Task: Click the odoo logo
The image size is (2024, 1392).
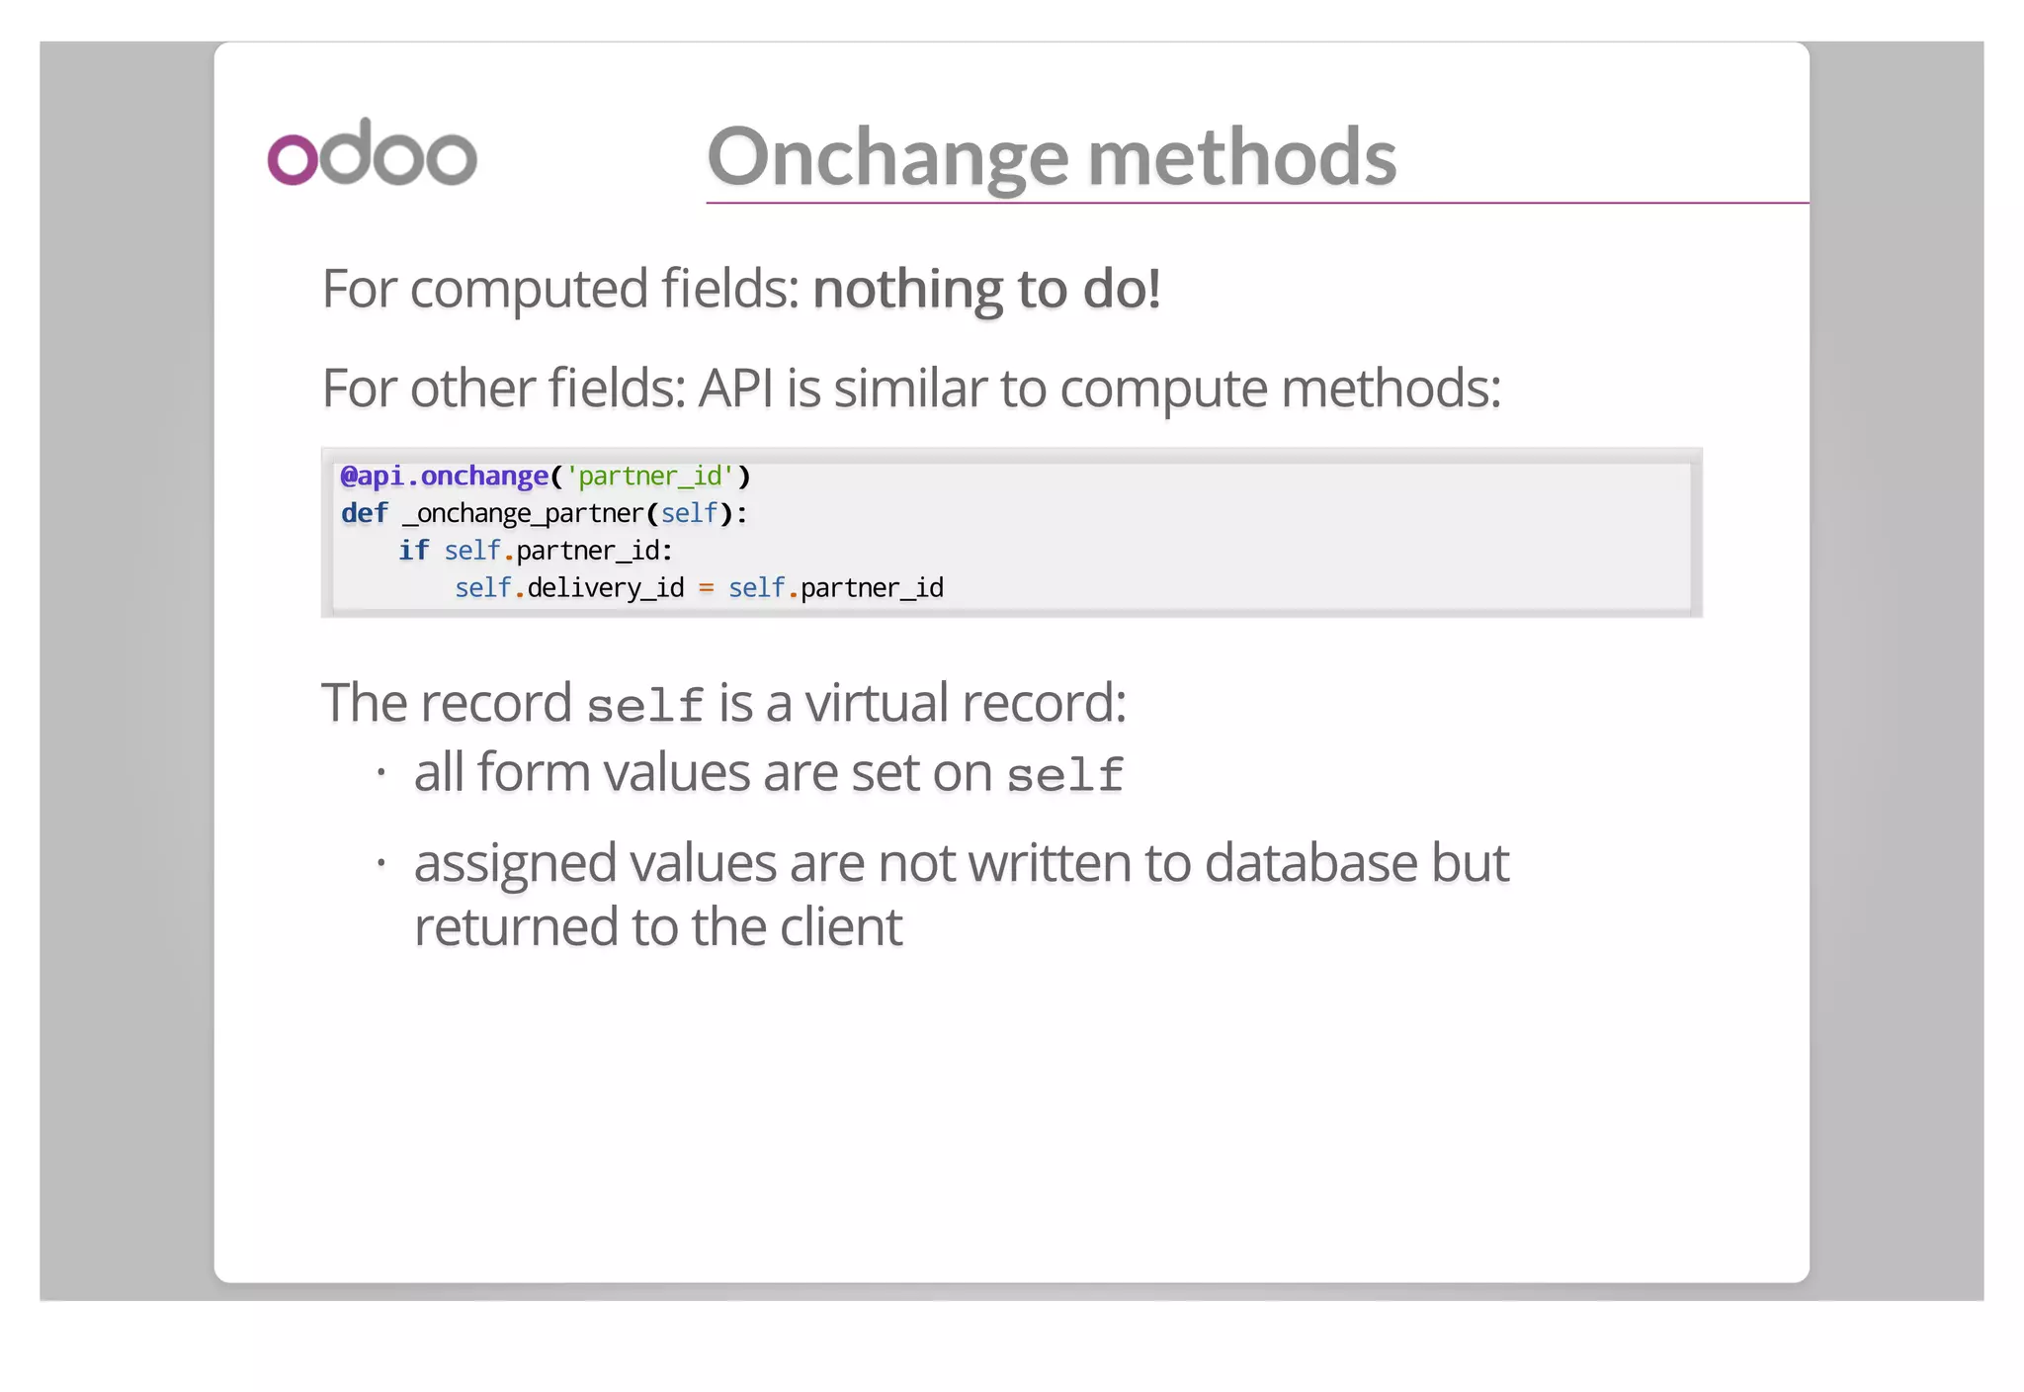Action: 373,152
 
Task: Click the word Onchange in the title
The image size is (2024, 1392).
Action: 887,158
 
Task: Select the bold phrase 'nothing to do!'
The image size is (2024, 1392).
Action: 986,289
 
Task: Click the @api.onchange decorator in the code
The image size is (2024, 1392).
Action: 445,477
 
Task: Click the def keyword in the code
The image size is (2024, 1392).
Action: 365,513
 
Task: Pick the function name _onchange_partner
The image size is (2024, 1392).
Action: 524,514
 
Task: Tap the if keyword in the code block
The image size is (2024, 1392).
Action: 413,551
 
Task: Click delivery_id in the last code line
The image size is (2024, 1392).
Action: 605,588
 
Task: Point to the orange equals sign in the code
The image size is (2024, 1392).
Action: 706,588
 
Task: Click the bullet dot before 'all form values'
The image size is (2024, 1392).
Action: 380,771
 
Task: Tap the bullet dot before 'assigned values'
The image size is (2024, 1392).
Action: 380,863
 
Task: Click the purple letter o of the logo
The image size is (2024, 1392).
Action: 293,158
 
